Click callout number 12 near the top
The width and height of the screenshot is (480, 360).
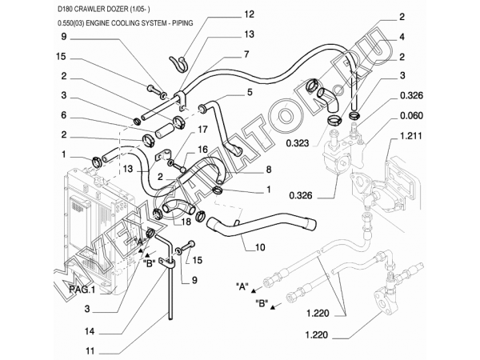coord(226,14)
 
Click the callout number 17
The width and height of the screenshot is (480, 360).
coord(203,130)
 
